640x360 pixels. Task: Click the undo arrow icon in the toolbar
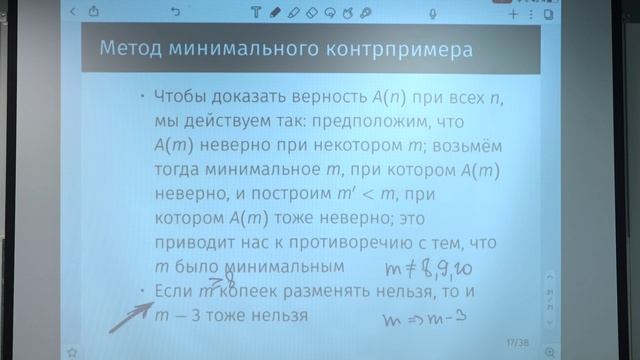175,13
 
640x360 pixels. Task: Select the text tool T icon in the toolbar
255,14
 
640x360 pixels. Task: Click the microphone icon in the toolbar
432,14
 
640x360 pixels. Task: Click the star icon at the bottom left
72,351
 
